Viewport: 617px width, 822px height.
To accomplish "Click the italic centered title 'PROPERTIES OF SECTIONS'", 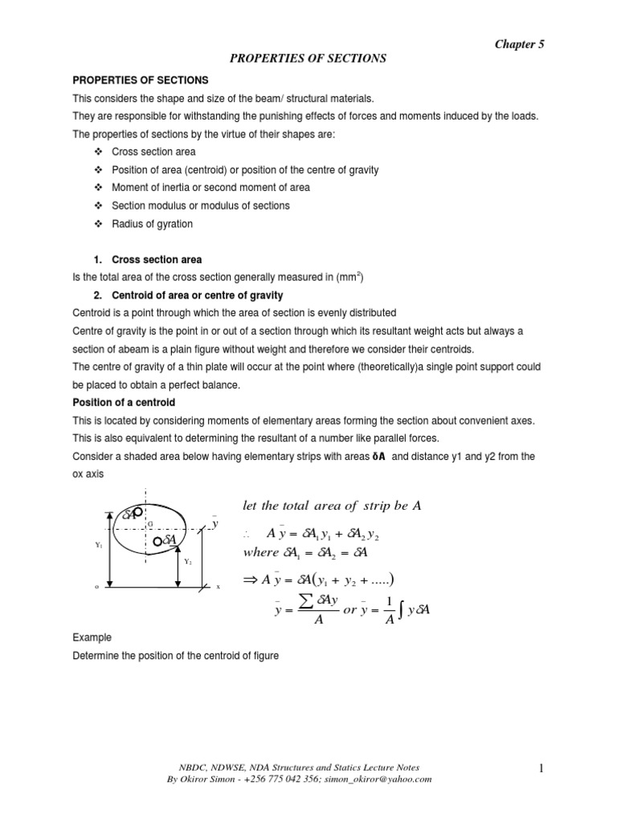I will coord(309,59).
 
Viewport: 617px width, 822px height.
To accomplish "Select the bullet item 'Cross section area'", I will coord(153,152).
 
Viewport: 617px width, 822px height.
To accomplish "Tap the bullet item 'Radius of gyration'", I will coord(152,224).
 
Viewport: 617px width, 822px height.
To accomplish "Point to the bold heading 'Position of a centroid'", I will coord(125,402).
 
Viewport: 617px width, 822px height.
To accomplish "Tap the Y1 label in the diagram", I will coord(98,544).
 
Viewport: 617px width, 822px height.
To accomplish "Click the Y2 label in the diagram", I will coord(187,562).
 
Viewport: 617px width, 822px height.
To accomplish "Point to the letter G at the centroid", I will coord(149,523).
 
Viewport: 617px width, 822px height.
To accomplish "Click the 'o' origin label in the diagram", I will coord(96,588).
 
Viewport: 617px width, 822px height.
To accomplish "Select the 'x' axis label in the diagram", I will coord(218,588).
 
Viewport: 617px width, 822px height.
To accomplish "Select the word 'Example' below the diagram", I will coord(91,638).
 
